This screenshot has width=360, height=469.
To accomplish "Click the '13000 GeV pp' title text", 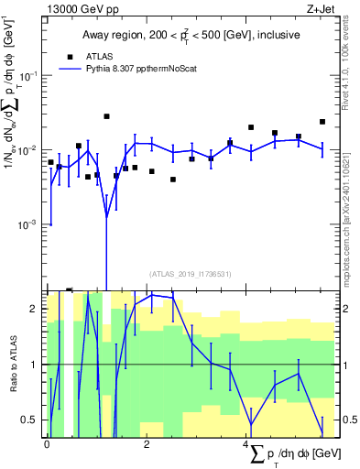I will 83,8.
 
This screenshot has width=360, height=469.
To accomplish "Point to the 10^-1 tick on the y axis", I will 38,75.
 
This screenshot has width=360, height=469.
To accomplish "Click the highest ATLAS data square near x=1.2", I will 106,116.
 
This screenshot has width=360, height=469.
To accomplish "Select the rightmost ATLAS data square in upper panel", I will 322,122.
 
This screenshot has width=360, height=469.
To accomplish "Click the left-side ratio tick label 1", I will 36,365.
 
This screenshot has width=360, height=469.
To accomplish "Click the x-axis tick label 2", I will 147,444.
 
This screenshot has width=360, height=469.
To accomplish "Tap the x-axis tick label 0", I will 47,444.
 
